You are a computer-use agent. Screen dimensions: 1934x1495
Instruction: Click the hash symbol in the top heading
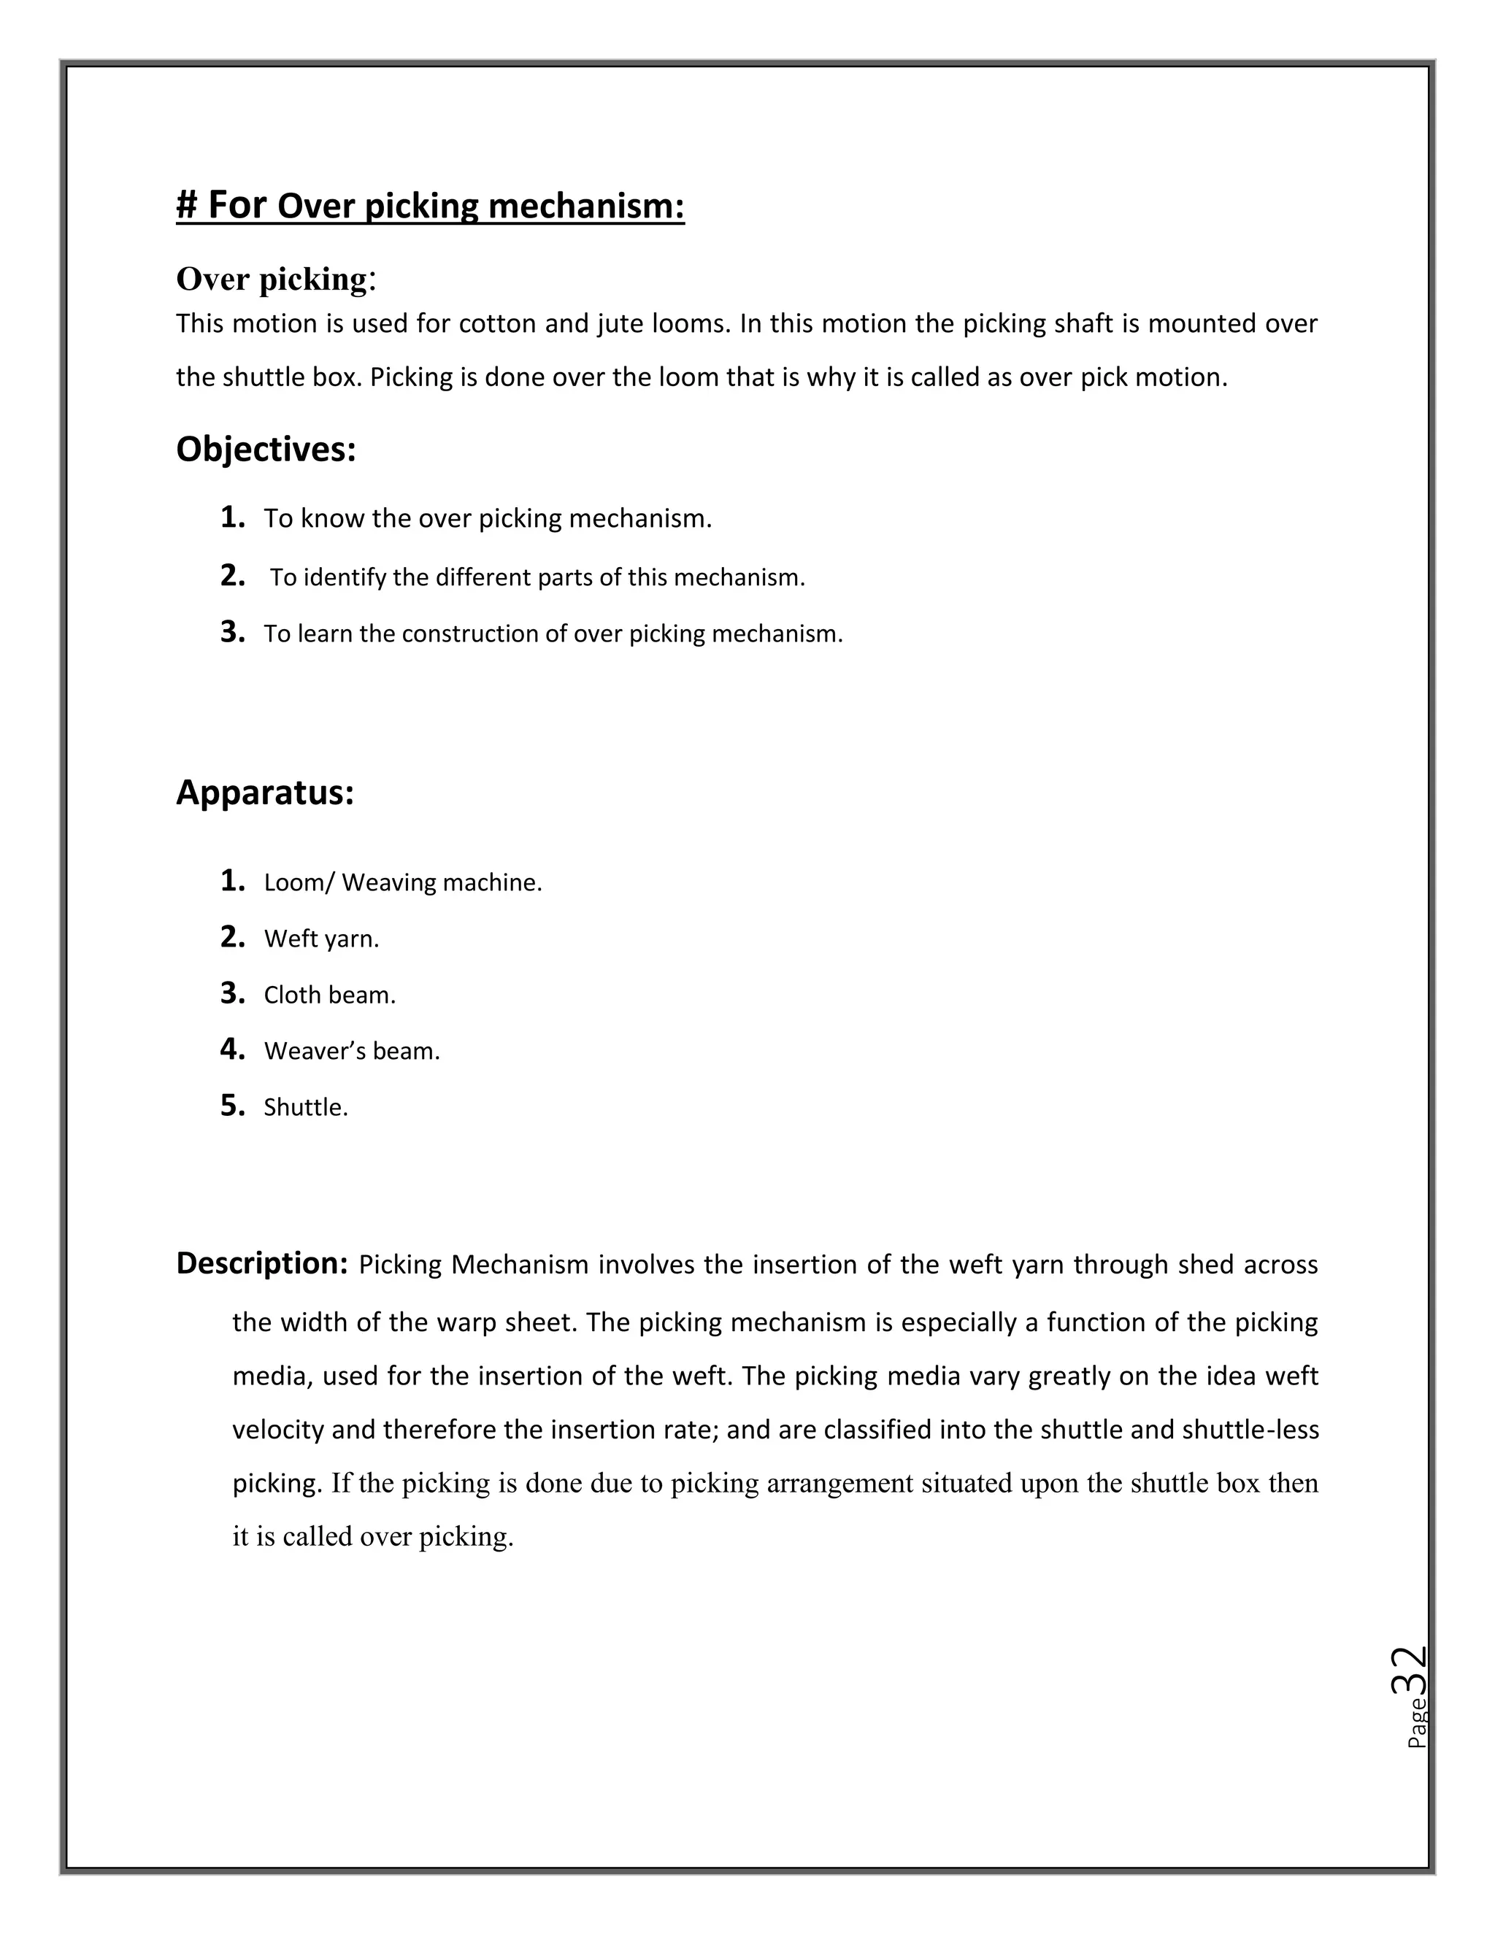(x=186, y=206)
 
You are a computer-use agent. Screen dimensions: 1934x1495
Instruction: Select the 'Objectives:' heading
(x=266, y=449)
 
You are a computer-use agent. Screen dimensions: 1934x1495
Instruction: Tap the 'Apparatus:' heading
(x=265, y=793)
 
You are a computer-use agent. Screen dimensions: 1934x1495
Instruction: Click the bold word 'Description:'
(x=262, y=1263)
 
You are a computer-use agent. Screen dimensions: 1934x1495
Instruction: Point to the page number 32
(x=1408, y=1671)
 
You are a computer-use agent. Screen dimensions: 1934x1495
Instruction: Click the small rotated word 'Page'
(x=1416, y=1722)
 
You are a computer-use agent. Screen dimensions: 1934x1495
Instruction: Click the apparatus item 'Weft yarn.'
(x=321, y=939)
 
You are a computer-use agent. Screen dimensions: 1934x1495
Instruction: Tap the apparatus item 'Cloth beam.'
(x=329, y=995)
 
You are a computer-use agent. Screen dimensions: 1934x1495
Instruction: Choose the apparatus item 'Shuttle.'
(x=306, y=1108)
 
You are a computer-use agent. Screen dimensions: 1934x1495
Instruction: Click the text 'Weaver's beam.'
(x=352, y=1051)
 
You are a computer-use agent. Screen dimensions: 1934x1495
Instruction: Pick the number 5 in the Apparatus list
(x=231, y=1105)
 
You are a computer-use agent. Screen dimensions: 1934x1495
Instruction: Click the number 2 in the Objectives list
(x=231, y=576)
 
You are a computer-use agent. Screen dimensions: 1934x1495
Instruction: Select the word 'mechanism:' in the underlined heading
(x=586, y=207)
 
